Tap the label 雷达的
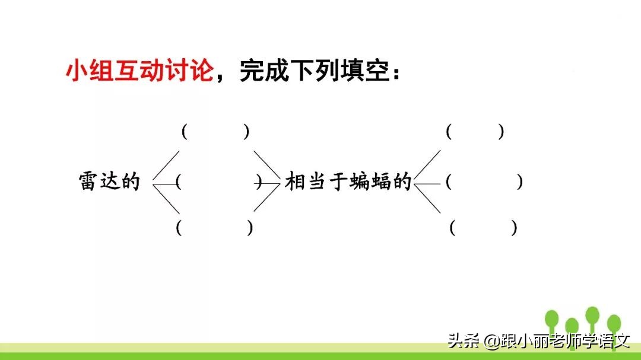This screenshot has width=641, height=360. click(109, 181)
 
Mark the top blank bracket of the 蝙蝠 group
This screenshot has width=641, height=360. click(475, 132)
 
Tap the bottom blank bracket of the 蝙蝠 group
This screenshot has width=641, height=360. click(483, 227)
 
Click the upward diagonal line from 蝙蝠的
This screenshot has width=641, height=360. click(428, 165)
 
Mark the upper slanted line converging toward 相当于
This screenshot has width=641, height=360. click(266, 165)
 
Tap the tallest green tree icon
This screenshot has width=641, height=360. click(592, 318)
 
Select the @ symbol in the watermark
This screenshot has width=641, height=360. click(491, 342)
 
